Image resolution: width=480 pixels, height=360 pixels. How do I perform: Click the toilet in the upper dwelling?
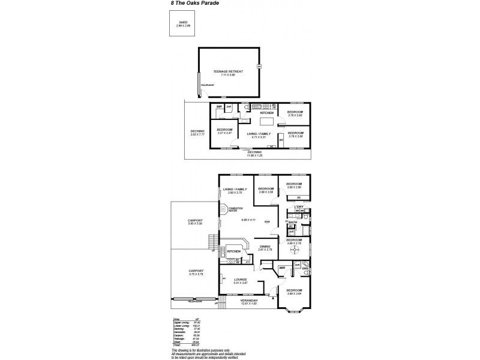pyautogui.click(x=247, y=108)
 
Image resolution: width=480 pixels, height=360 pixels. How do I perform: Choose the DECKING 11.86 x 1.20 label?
pyautogui.click(x=255, y=154)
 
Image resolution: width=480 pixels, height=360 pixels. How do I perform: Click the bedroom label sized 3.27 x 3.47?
pyautogui.click(x=224, y=131)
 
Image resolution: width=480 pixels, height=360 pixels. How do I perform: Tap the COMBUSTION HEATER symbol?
pyautogui.click(x=223, y=209)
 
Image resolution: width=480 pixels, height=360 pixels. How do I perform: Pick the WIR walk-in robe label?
pyautogui.click(x=282, y=284)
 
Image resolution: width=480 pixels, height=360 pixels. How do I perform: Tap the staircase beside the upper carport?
pyautogui.click(x=211, y=243)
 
